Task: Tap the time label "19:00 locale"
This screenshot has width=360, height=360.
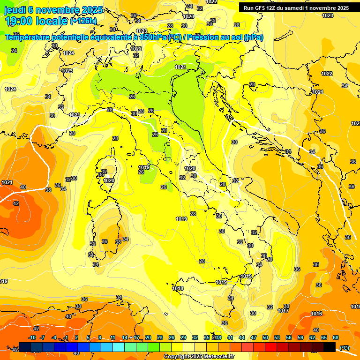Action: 36,21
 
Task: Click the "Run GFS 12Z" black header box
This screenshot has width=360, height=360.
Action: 295,8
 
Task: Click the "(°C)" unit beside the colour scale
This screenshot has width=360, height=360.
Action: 344,347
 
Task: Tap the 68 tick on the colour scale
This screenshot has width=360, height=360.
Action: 336,337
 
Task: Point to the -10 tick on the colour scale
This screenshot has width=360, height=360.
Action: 32,337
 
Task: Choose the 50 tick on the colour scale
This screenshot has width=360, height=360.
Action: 265,337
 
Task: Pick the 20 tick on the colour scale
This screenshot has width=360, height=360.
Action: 148,337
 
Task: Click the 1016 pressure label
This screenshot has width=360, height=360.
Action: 317,314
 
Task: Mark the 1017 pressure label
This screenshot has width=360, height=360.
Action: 283,311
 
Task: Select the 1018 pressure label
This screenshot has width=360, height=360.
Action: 178,288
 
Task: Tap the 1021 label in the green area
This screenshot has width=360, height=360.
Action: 180,67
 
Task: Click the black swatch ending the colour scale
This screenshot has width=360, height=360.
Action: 330,347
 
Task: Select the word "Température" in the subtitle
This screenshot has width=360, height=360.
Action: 28,37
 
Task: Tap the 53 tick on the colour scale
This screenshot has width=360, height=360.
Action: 277,337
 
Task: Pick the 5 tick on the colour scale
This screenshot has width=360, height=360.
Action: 89,337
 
